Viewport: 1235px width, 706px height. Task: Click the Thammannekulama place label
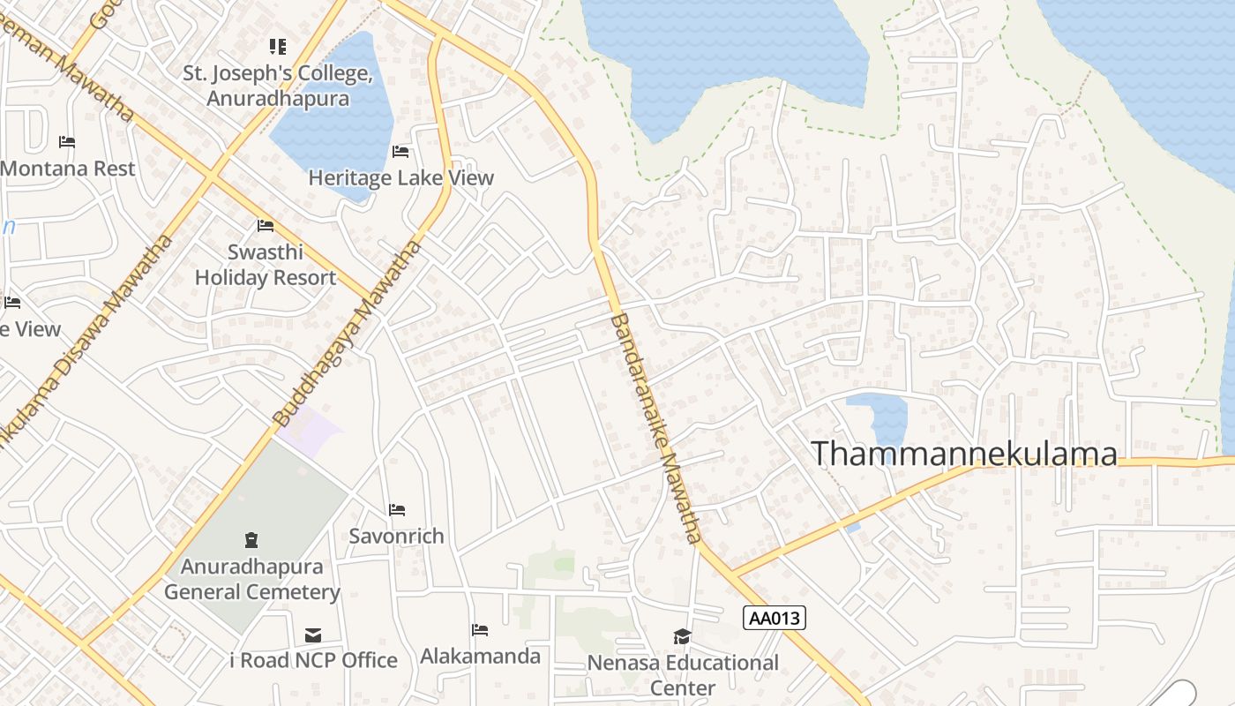tap(963, 454)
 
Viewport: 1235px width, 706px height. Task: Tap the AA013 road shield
tap(775, 618)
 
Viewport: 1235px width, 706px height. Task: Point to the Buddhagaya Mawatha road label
tap(348, 334)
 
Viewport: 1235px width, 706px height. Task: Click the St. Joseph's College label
tap(278, 86)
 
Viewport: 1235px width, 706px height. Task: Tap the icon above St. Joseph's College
tap(278, 46)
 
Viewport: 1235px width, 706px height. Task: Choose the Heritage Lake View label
tap(400, 178)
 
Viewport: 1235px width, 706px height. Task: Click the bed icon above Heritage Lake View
tap(400, 152)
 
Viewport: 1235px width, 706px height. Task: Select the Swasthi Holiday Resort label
tap(266, 265)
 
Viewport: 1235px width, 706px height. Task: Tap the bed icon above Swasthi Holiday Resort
tap(266, 226)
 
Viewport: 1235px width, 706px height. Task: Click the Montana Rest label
tap(68, 169)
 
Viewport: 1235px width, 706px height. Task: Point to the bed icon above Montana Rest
tap(67, 142)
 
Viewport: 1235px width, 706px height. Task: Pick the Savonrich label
tap(396, 536)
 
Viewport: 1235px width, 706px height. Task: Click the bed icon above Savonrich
tap(397, 510)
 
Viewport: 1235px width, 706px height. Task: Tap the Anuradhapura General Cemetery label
tap(252, 579)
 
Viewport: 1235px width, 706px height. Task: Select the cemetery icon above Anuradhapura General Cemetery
tap(252, 539)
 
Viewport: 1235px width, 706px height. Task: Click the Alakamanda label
tap(480, 656)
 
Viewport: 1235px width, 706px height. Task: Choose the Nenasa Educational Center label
tap(683, 675)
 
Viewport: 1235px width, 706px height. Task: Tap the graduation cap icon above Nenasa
tap(682, 637)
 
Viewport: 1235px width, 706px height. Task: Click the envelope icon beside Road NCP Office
tap(313, 635)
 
